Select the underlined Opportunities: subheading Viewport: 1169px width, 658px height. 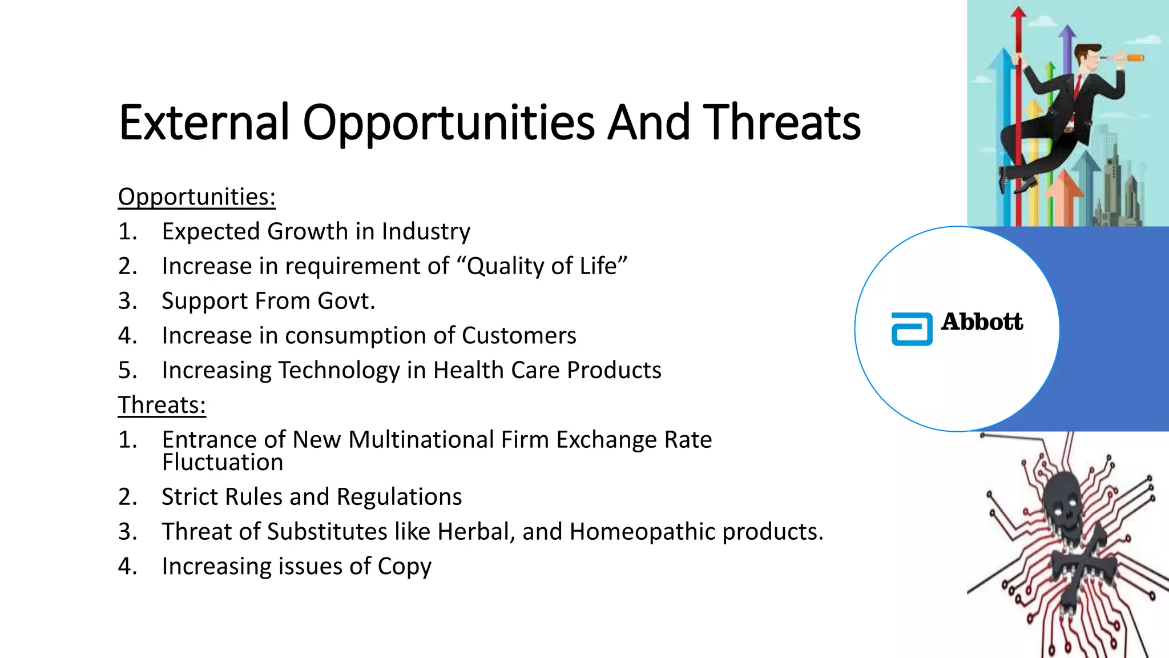[x=197, y=197]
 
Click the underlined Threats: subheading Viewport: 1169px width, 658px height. [x=162, y=406]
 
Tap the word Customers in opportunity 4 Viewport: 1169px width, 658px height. [x=519, y=336]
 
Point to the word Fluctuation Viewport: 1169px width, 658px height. [x=223, y=462]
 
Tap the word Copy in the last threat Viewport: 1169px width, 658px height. [x=404, y=567]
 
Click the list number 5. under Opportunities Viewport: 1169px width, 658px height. [x=127, y=371]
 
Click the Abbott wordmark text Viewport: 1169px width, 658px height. [x=982, y=322]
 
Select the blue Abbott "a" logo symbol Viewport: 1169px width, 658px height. [x=912, y=329]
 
